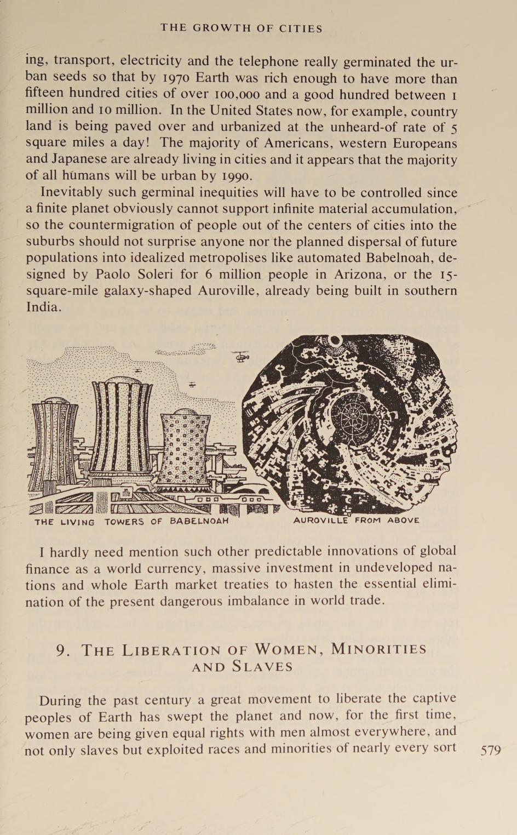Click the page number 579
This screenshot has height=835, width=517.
(x=490, y=750)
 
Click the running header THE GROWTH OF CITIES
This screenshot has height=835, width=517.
(x=242, y=28)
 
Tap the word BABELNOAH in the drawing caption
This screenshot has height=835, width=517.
(x=199, y=521)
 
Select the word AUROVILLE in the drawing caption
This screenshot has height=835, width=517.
(x=320, y=520)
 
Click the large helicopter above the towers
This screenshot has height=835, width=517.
(x=240, y=357)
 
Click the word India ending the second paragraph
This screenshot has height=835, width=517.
(x=42, y=307)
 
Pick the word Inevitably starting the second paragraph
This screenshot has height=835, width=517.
(x=71, y=193)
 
